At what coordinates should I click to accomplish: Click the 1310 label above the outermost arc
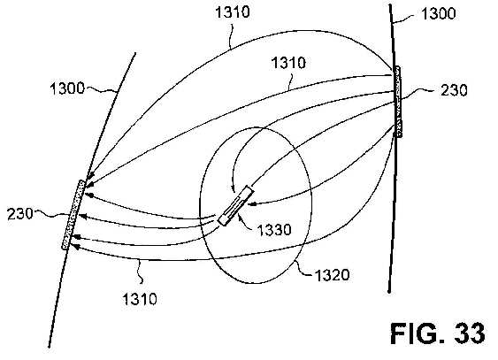[x=233, y=12]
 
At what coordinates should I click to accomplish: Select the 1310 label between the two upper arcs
[x=288, y=63]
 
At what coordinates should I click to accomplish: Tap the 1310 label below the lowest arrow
[x=140, y=299]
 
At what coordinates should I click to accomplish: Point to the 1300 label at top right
[x=438, y=13]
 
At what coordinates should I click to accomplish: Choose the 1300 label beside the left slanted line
[x=67, y=88]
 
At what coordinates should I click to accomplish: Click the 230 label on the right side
[x=454, y=90]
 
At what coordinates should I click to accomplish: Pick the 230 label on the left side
[x=20, y=214]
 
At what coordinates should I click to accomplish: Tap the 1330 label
[x=274, y=229]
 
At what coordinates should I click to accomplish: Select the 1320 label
[x=332, y=275]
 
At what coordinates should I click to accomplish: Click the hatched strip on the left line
[x=73, y=215]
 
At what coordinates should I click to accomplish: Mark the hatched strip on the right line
[x=398, y=102]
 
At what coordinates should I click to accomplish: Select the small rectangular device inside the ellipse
[x=236, y=206]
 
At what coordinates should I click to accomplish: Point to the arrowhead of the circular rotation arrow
[x=234, y=190]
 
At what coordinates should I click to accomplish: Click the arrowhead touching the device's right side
[x=251, y=203]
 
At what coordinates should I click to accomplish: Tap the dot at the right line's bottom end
[x=389, y=291]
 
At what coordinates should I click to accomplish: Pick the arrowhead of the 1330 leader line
[x=239, y=216]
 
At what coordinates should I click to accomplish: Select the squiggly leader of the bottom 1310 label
[x=140, y=271]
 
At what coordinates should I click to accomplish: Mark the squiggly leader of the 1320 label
[x=304, y=269]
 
